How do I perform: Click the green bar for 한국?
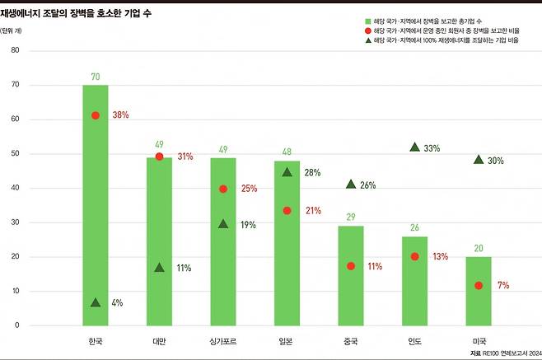coord(96,206)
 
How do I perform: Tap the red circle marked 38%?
coord(96,115)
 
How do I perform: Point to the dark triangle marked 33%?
coord(414,147)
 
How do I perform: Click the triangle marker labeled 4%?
coord(96,302)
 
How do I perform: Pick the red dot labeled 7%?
coord(479,285)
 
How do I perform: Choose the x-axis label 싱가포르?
coord(223,340)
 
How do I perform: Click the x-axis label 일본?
coord(287,340)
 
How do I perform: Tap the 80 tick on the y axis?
coord(15,50)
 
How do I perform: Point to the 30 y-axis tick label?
coord(15,222)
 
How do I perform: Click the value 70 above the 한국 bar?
coord(96,77)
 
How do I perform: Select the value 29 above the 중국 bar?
coord(351,217)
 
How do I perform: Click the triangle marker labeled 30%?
coord(479,160)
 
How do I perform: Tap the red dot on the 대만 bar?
coord(159,157)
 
